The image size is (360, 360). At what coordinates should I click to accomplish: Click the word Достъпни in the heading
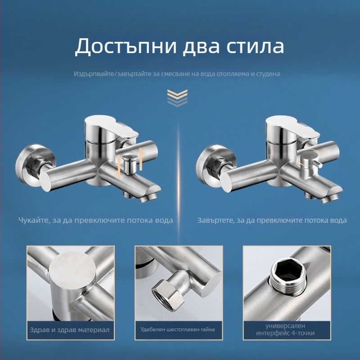point(126,46)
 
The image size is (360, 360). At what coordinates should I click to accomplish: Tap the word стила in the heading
point(255,46)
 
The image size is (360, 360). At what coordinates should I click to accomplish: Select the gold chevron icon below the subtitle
point(177,98)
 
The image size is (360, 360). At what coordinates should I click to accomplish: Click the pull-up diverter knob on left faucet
point(129,163)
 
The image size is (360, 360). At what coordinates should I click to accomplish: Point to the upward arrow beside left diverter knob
point(142,159)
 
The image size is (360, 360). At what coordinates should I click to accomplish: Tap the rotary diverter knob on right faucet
point(309,164)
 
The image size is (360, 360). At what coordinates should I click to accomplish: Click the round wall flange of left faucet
point(35,165)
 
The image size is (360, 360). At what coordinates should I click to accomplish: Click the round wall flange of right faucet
point(216,165)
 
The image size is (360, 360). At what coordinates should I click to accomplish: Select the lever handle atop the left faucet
point(112,127)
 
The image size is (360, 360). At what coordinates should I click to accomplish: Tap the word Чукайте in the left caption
point(34,220)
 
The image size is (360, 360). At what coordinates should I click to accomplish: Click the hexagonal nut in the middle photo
point(166,295)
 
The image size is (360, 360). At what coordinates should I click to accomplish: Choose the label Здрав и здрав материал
point(70,330)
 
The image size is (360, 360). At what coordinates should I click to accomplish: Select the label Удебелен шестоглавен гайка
point(178,330)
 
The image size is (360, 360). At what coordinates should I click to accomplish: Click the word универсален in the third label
point(285,326)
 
